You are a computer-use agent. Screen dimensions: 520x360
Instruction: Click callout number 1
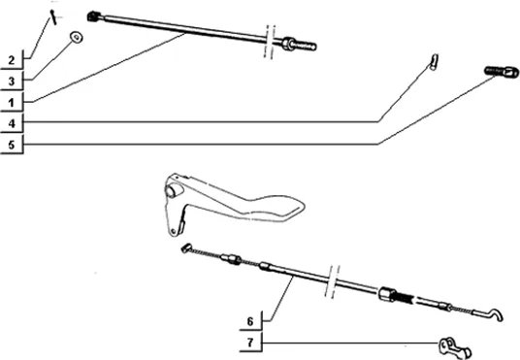pos(12,103)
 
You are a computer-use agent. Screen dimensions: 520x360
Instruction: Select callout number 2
pos(12,60)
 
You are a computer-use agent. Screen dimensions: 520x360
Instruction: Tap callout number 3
pos(12,82)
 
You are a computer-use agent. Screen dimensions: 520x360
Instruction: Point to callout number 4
pos(12,123)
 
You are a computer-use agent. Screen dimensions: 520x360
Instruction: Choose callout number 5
pos(12,145)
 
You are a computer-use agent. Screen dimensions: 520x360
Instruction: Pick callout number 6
pos(250,321)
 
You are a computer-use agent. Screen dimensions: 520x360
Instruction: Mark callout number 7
pos(250,343)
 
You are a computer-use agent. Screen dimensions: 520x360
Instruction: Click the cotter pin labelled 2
pos(53,16)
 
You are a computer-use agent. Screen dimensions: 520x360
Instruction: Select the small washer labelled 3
pos(77,37)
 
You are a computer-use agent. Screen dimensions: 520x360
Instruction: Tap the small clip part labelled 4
pos(435,61)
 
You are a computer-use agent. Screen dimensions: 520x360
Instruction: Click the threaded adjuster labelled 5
pos(502,72)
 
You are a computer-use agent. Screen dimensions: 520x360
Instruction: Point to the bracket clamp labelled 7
pos(455,348)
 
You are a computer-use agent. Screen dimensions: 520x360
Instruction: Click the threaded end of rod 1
pos(306,46)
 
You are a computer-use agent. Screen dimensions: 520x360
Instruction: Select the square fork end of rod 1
pos(94,16)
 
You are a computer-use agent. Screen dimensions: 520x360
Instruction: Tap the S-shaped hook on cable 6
pos(495,314)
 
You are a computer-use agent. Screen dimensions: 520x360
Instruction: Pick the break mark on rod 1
pos(270,42)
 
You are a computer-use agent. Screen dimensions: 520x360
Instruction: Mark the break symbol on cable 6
pos(333,281)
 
